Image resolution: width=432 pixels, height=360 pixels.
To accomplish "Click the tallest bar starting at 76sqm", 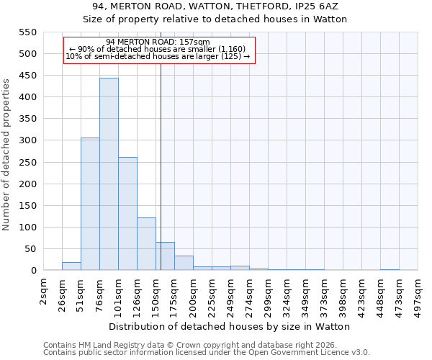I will [x=109, y=174].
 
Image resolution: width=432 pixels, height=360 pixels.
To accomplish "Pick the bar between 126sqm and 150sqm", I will [x=146, y=244].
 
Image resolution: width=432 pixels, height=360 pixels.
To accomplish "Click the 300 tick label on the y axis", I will [x=27, y=140].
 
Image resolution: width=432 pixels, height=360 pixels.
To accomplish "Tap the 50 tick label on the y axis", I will [x=30, y=249].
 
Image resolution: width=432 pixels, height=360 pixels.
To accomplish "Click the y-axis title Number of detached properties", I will [x=7, y=155].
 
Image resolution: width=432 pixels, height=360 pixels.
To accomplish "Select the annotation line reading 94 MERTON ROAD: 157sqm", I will [x=158, y=42].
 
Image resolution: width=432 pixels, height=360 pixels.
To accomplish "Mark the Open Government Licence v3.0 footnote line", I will [x=207, y=353].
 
